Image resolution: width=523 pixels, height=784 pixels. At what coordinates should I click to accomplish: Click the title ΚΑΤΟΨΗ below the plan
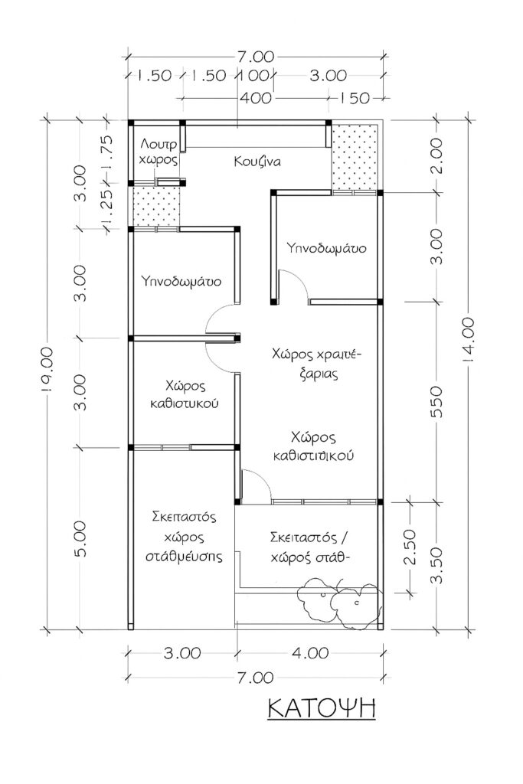(x=322, y=707)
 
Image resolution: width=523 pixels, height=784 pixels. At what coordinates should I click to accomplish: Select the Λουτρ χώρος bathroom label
(x=159, y=152)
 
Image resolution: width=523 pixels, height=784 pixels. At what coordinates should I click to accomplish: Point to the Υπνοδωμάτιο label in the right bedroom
(x=325, y=248)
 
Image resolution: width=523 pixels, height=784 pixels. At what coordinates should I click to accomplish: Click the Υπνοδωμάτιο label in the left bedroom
(x=182, y=281)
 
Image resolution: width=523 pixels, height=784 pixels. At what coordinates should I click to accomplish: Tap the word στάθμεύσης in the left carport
(x=183, y=557)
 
